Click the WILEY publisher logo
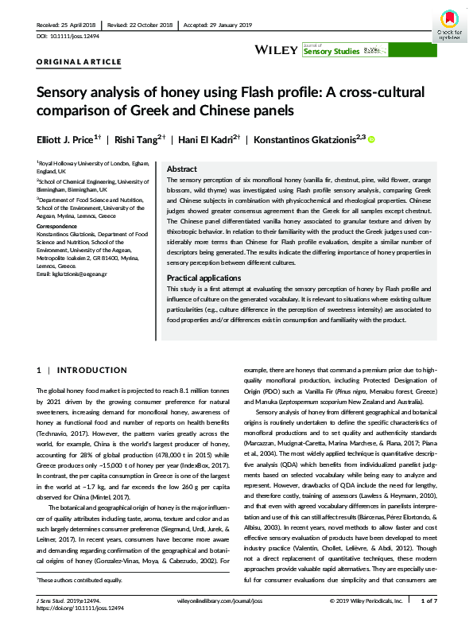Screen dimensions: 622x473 click(276, 49)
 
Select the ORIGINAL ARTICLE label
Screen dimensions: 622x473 click(79, 61)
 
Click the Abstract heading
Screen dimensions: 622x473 click(182, 169)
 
